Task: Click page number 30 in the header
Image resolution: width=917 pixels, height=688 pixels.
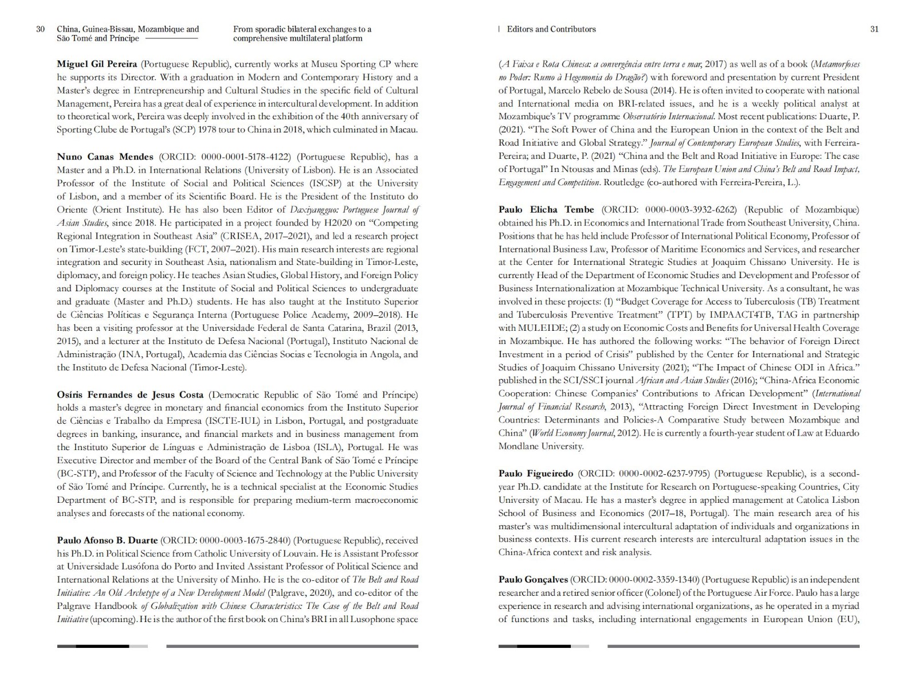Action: click(x=40, y=29)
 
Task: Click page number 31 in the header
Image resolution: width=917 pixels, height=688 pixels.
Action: click(x=874, y=29)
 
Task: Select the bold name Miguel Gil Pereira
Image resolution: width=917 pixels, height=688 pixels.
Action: click(x=97, y=64)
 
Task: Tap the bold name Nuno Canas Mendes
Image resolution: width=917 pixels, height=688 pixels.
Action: click(x=105, y=157)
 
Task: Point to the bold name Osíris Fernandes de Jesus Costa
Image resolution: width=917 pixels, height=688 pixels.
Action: click(x=130, y=395)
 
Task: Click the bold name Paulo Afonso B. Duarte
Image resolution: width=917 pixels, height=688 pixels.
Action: click(x=107, y=541)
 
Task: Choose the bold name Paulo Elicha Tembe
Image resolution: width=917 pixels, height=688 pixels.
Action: click(x=546, y=210)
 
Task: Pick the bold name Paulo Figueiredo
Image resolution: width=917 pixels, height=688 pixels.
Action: click(x=535, y=474)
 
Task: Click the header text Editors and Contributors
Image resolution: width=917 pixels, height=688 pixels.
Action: click(x=551, y=29)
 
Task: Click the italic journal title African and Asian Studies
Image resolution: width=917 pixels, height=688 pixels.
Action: click(x=681, y=381)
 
